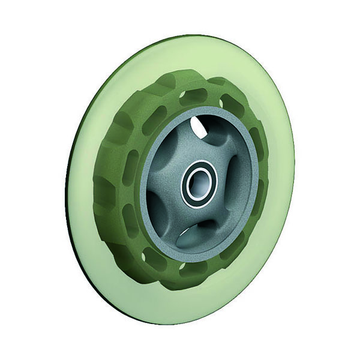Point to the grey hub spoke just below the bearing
click(x=192, y=222)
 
